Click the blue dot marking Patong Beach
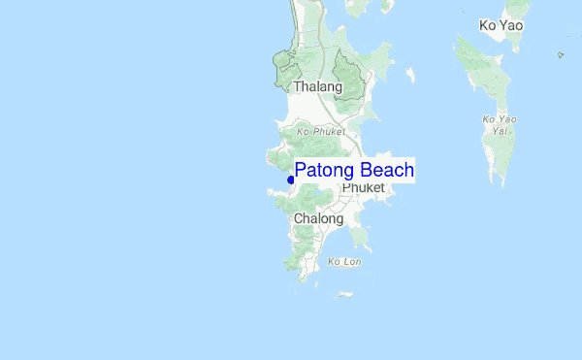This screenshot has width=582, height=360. pos(291,180)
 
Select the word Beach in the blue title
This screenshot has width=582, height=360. pos(387,171)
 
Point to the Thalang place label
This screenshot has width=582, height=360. pos(317,87)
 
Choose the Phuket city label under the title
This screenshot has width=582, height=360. pos(364,188)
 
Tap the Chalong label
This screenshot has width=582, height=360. pos(318,219)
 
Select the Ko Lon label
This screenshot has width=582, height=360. pos(344,262)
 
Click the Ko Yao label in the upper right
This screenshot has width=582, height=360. pos(501,25)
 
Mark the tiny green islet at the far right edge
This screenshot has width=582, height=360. pos(561,54)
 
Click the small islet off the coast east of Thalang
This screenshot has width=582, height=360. pos(410,74)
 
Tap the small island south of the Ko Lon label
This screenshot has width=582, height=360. pos(343,294)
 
